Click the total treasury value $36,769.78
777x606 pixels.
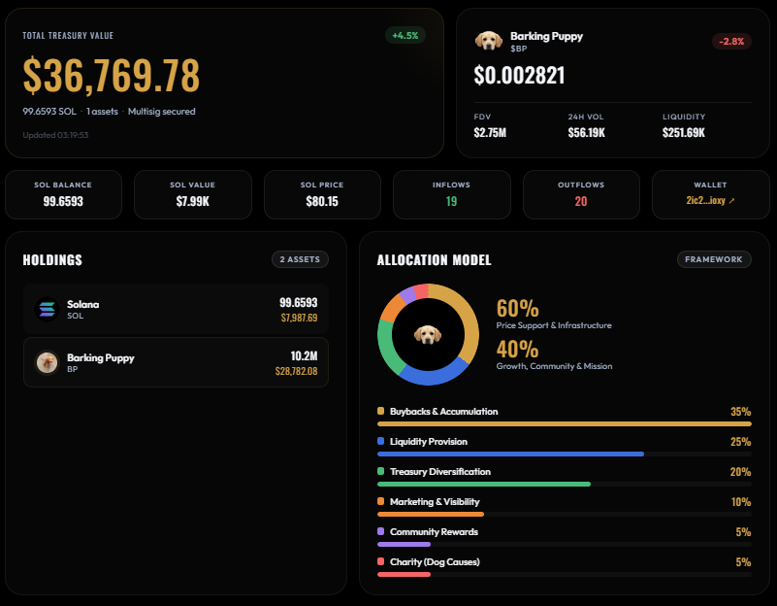tap(112, 76)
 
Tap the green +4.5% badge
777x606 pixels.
tap(405, 35)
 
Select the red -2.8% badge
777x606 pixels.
tap(730, 41)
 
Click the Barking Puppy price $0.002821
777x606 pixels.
tap(519, 76)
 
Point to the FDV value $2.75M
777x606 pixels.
tap(490, 132)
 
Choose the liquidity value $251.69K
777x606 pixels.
tap(684, 132)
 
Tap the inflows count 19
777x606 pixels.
tap(451, 201)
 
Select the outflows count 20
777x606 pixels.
tap(581, 201)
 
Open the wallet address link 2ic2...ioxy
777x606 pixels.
tap(710, 201)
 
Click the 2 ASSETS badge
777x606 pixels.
tap(301, 259)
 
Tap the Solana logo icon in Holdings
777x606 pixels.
tap(48, 309)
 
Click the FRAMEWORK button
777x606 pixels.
tap(714, 259)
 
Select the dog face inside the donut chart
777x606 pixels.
tap(427, 334)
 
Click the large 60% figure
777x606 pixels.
tap(517, 309)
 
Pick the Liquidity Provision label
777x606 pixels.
tap(428, 442)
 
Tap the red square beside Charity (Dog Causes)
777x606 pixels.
tap(380, 562)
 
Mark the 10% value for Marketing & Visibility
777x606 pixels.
tap(741, 502)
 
